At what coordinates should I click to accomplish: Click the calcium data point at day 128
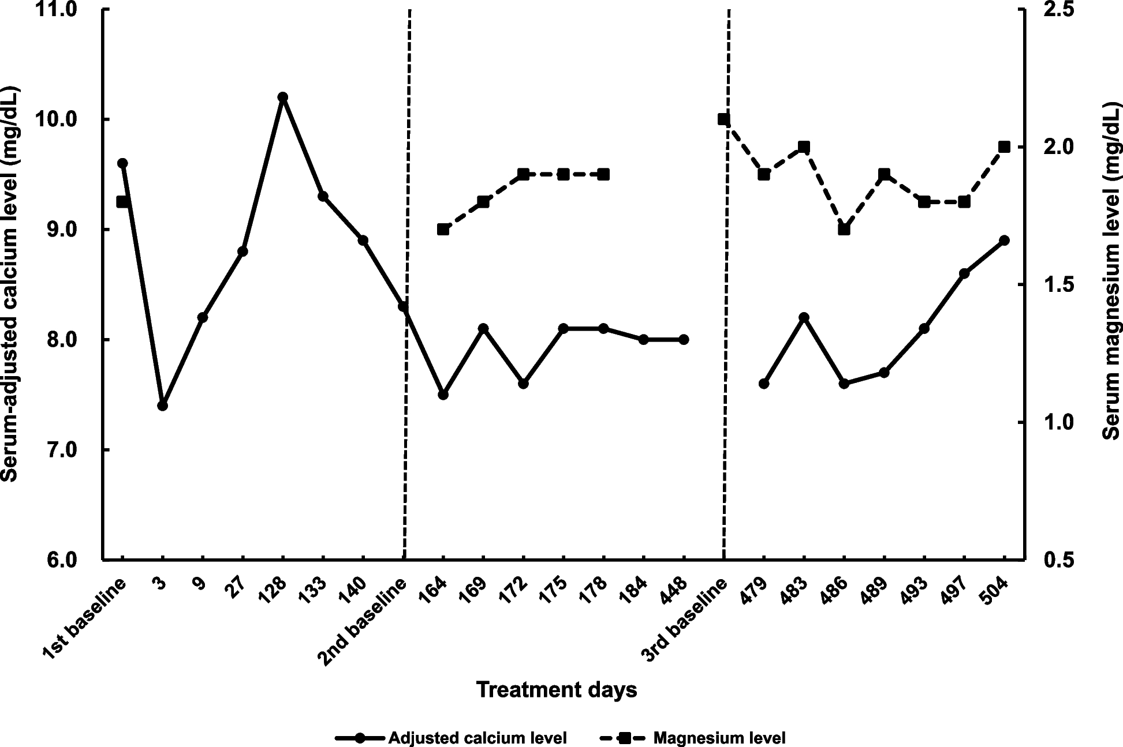coord(282,97)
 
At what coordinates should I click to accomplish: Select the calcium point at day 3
coord(162,406)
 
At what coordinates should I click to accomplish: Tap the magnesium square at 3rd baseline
coord(723,119)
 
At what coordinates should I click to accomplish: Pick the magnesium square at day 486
coord(844,229)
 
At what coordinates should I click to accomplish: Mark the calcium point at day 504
coord(1004,240)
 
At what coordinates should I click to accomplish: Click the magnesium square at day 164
coord(443,229)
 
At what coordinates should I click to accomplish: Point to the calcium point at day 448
coord(684,339)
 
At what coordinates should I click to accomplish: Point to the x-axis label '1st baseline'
coord(85,618)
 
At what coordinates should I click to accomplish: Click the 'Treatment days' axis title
coord(557,690)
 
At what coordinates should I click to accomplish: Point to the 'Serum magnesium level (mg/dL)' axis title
coord(1111,271)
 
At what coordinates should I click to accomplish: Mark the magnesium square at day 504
coord(1004,147)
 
